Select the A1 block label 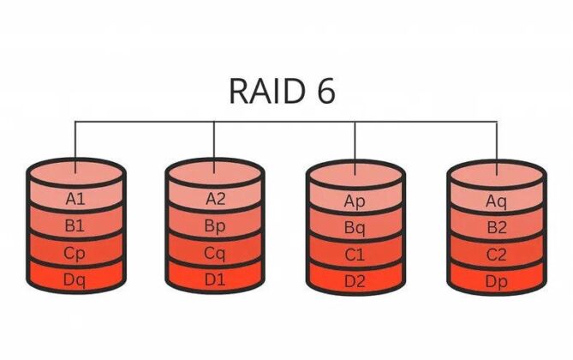(x=76, y=199)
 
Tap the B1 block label (x=76, y=226)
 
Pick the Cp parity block (x=76, y=253)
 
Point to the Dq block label (x=76, y=279)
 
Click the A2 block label (x=216, y=199)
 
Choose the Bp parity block (x=216, y=226)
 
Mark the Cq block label (x=216, y=253)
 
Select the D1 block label (x=216, y=279)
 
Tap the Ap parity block (x=355, y=201)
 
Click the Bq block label (x=355, y=228)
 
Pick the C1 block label (x=355, y=255)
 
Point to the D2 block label (x=355, y=279)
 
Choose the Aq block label (x=497, y=201)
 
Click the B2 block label (x=497, y=228)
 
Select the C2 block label (x=497, y=255)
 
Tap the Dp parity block (x=497, y=279)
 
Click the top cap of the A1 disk (x=76, y=171)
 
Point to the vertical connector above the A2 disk (x=216, y=141)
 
